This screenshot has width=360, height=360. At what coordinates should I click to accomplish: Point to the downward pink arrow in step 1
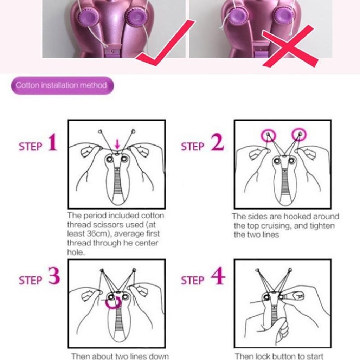tap(117, 144)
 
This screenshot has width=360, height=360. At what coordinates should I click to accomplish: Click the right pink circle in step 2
tap(299, 134)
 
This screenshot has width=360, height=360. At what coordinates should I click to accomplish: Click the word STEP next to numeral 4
tap(192, 280)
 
